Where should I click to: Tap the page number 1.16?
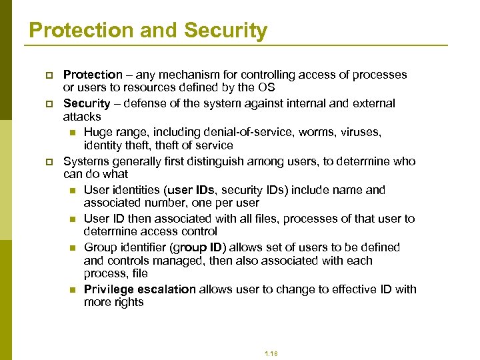click(x=271, y=353)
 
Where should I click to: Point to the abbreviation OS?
click(x=266, y=87)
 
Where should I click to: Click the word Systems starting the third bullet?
click(x=85, y=161)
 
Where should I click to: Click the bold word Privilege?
click(x=109, y=289)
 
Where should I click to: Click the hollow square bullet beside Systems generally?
click(x=50, y=162)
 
